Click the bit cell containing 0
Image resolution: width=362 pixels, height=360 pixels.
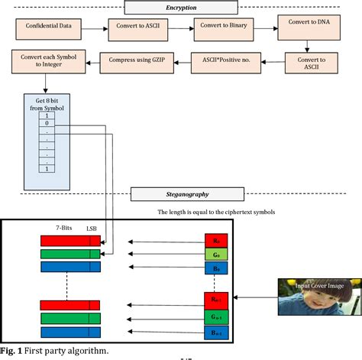coord(47,123)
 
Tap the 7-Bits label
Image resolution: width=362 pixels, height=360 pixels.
coord(65,228)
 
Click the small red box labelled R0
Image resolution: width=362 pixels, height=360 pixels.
coord(216,241)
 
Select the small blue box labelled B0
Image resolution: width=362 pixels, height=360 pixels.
coord(216,269)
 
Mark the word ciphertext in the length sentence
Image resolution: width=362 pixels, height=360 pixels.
coord(233,212)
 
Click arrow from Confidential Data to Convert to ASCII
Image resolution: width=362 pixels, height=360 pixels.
coord(96,30)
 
